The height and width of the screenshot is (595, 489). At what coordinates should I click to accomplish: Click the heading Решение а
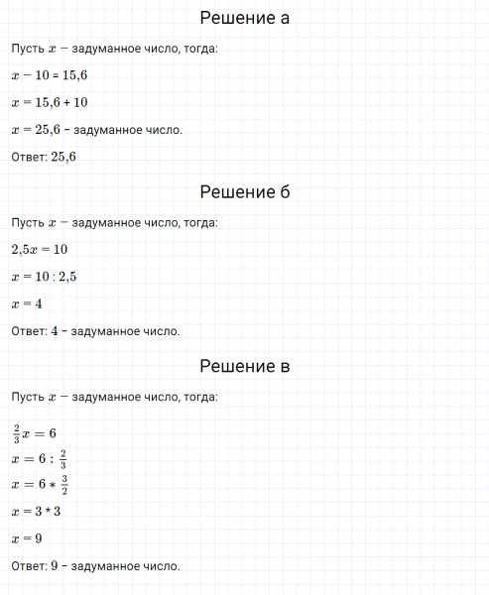tap(244, 18)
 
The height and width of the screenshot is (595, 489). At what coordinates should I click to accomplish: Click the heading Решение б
tap(244, 191)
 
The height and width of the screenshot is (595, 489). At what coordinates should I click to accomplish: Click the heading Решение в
tap(244, 366)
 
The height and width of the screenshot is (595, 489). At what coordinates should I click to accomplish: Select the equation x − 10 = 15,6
tap(46, 75)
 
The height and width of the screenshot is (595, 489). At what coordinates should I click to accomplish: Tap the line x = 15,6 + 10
tap(50, 102)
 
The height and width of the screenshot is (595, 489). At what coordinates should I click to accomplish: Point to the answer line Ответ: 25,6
tap(44, 157)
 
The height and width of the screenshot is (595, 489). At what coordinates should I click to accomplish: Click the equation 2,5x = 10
tap(40, 249)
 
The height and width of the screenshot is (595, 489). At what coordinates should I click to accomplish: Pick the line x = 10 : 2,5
tap(45, 277)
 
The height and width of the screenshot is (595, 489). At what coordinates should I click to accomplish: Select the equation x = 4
tap(27, 303)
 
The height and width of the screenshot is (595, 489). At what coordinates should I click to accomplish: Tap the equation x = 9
tap(27, 538)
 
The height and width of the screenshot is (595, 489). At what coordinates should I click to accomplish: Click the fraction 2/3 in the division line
tap(62, 458)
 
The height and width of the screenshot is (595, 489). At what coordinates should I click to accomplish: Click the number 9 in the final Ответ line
tap(55, 566)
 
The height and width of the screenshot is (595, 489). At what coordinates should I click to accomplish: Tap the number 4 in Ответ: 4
tap(55, 331)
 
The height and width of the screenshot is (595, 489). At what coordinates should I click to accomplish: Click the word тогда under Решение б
tap(201, 222)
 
